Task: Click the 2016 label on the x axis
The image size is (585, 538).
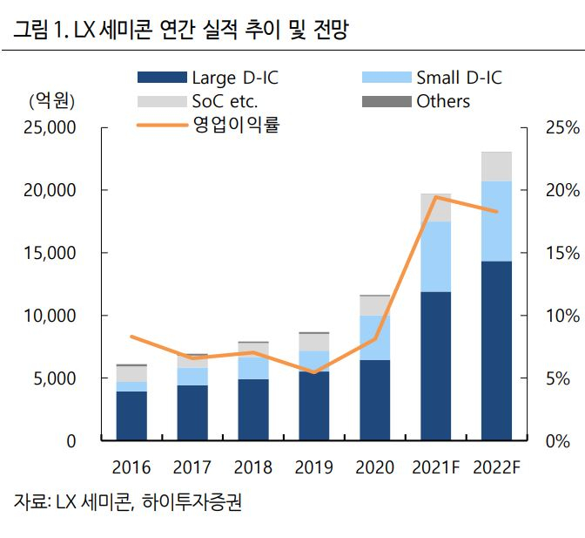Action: tap(131, 466)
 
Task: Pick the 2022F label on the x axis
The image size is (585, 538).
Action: tap(496, 466)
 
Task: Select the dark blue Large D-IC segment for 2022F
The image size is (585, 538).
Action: tap(496, 349)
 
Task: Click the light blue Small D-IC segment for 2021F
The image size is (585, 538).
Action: tap(435, 256)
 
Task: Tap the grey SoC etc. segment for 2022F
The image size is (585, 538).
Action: tap(496, 166)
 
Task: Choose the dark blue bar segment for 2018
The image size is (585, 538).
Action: tap(253, 410)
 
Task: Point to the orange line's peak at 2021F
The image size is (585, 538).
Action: tap(436, 197)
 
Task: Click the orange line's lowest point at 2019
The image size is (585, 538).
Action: tap(314, 372)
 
